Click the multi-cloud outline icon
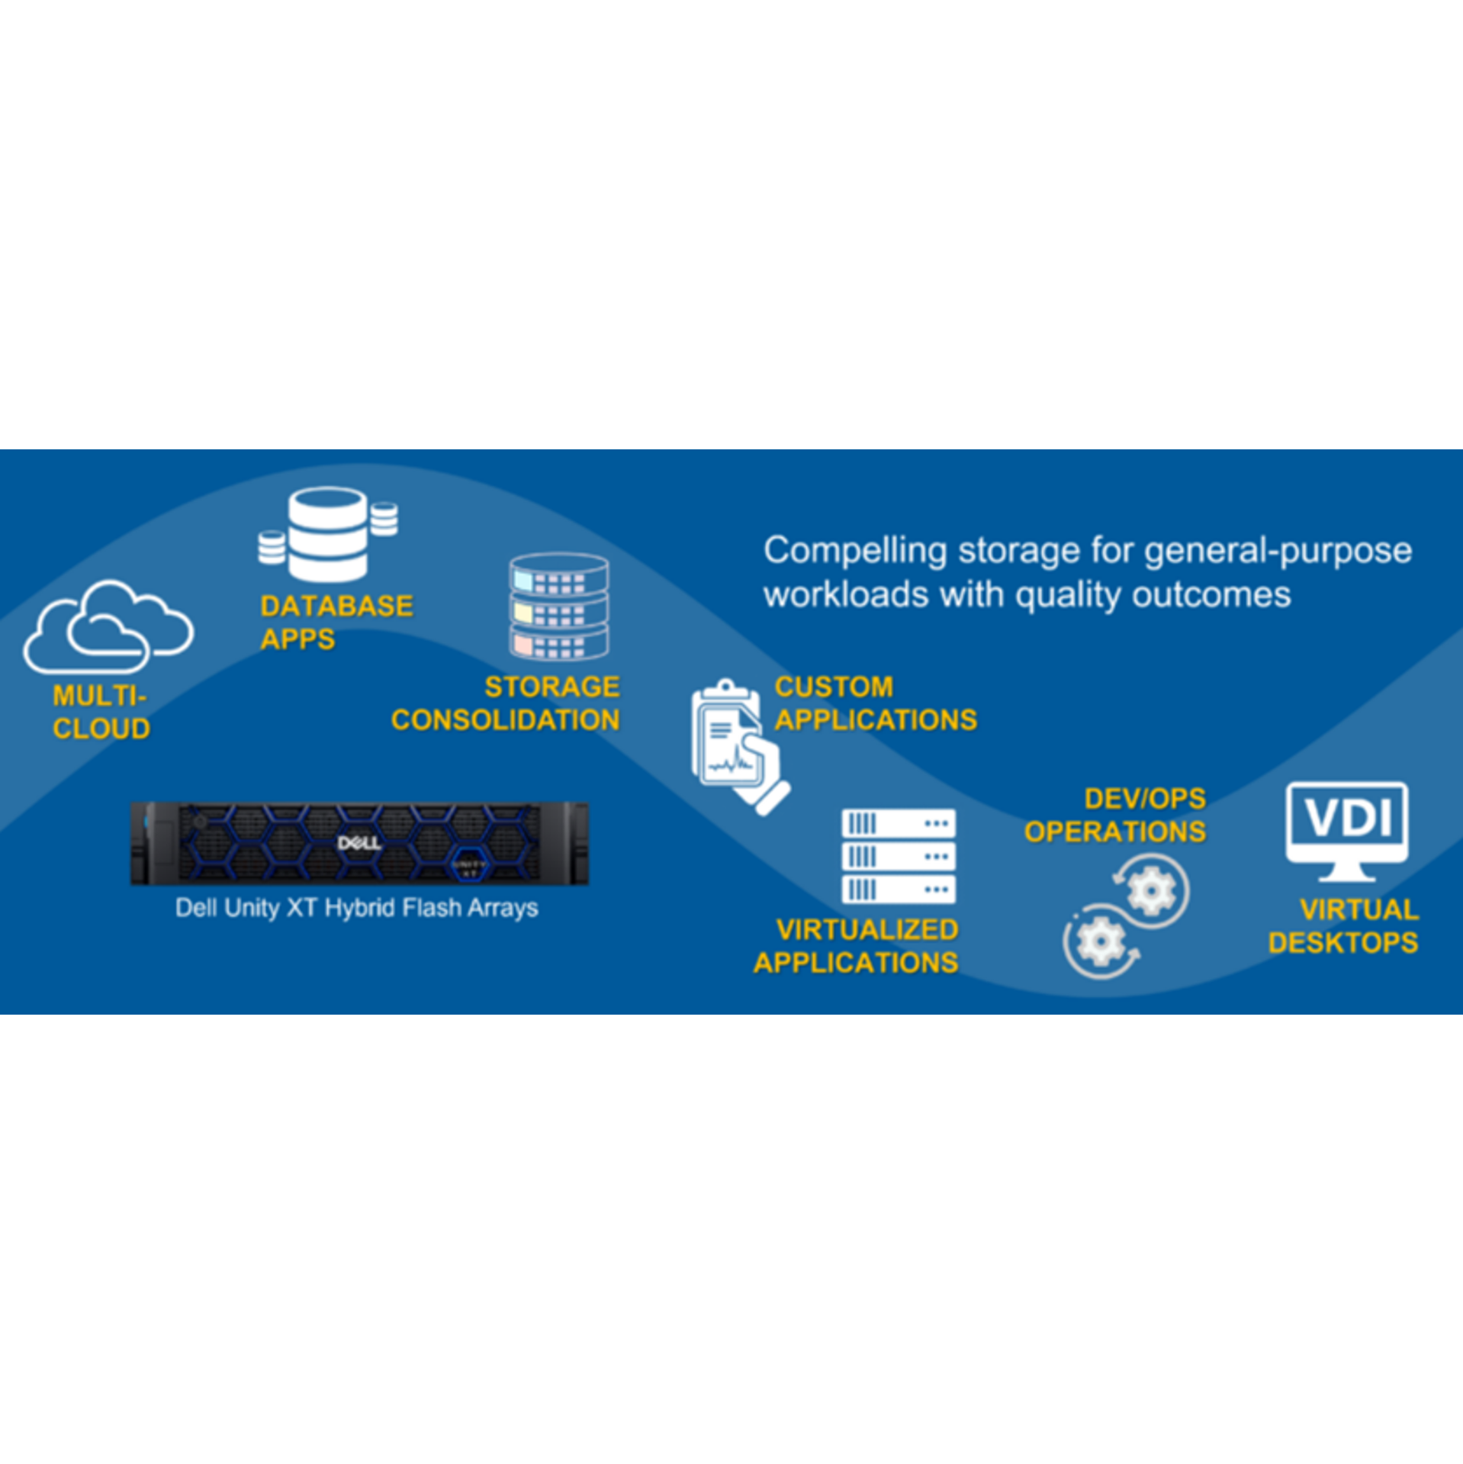[x=108, y=627]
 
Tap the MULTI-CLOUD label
[x=101, y=712]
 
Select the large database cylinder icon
[x=328, y=533]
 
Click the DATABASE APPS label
[x=336, y=622]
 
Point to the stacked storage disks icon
[x=559, y=607]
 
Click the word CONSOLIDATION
[x=505, y=720]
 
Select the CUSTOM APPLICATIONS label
[x=875, y=703]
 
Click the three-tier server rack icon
[x=899, y=856]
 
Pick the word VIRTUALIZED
[x=867, y=929]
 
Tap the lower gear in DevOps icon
[x=1099, y=942]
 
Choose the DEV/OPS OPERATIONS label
[x=1114, y=815]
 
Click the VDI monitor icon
[x=1347, y=829]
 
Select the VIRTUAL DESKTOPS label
[x=1343, y=926]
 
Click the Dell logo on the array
[x=359, y=843]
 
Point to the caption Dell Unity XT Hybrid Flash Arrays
[x=356, y=908]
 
